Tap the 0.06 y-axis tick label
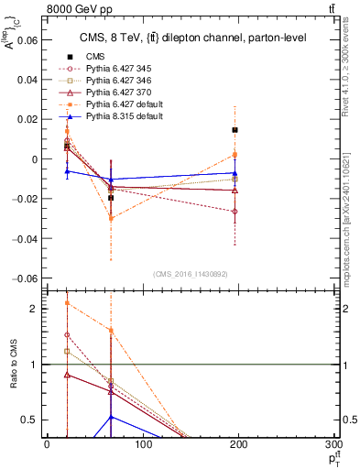click(28, 40)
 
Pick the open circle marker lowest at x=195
click(235, 212)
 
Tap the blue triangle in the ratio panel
click(111, 417)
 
